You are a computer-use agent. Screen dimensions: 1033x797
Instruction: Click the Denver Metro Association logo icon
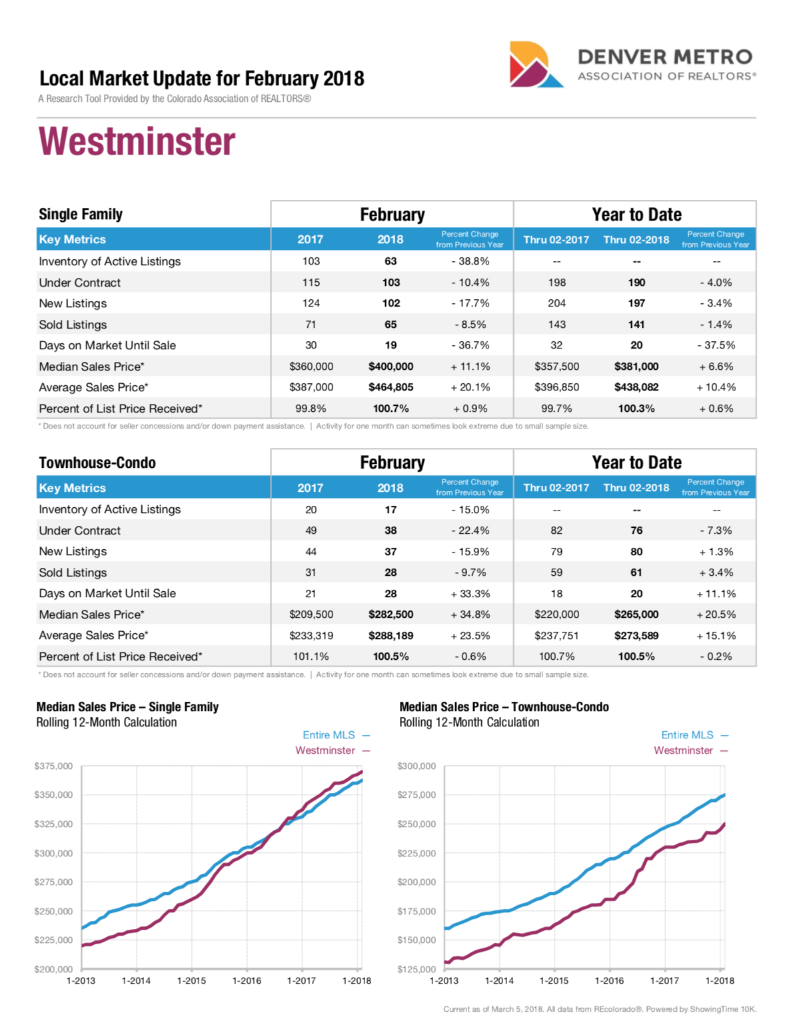[x=535, y=65]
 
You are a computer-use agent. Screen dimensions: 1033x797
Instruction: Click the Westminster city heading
[x=137, y=141]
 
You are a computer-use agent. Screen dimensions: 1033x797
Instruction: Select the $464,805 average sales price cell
[x=391, y=387]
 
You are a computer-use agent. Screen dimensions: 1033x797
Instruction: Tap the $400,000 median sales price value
[x=391, y=367]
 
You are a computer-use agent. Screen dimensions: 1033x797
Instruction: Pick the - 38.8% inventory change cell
[x=470, y=261]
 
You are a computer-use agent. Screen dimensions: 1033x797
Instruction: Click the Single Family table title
[x=81, y=214]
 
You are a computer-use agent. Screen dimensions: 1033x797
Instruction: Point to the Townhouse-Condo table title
[x=97, y=463]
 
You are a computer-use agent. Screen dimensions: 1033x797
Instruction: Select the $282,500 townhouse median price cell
[x=391, y=614]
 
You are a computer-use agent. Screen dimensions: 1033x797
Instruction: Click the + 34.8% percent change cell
[x=470, y=614]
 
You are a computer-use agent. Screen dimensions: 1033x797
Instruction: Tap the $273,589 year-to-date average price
[x=636, y=636]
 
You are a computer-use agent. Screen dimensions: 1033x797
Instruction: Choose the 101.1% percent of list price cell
[x=311, y=656]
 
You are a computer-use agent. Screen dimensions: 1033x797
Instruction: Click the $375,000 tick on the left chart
[x=53, y=766]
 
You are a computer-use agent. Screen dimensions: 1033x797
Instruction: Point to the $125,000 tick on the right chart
[x=416, y=969]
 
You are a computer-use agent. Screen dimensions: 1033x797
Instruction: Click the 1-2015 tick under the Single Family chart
[x=191, y=980]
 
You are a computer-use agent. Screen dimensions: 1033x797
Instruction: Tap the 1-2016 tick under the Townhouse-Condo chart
[x=609, y=980]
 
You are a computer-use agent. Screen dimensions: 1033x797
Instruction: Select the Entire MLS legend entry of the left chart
[x=329, y=735]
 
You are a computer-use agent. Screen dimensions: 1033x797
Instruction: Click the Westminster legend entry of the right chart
[x=684, y=750]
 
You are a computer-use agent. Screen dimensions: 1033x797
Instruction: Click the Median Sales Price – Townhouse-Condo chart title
[x=504, y=707]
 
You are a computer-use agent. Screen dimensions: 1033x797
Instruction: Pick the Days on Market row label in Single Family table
[x=107, y=345]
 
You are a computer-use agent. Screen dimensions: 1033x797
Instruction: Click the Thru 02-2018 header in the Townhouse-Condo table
[x=636, y=488]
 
